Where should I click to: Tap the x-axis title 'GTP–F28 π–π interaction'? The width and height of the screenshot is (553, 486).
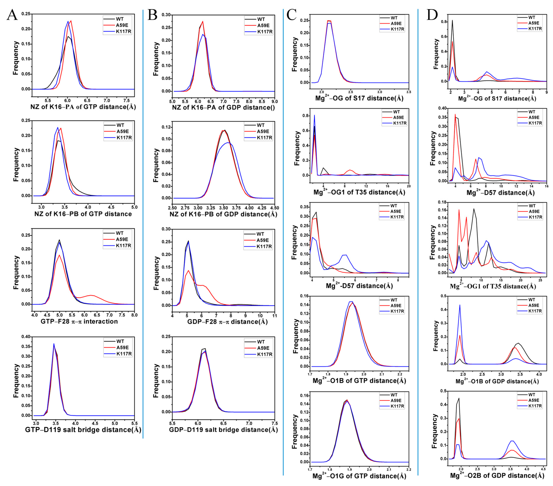tap(79, 321)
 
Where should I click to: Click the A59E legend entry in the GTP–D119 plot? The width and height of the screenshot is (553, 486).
tap(123, 348)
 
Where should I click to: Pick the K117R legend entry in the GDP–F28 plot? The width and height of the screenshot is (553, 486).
tap(264, 246)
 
